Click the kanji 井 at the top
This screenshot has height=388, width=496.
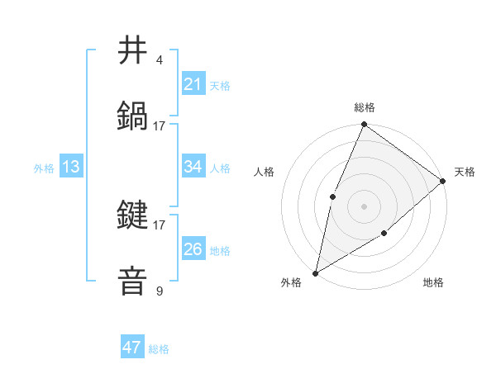point(133,50)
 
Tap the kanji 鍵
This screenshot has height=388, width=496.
point(133,215)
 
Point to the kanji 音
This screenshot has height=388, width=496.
point(133,281)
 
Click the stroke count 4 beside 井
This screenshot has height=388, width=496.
point(160,60)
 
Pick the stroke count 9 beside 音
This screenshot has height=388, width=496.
point(160,291)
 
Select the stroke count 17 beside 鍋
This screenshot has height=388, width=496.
point(160,125)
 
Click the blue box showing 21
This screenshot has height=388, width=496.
point(193,83)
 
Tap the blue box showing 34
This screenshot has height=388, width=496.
point(193,167)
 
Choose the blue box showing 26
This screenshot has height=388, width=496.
point(193,249)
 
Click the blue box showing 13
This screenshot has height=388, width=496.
point(71,167)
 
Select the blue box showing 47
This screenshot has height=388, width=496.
point(132,348)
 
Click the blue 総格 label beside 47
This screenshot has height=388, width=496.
point(159,349)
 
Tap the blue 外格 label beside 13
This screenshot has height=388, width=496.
point(44,168)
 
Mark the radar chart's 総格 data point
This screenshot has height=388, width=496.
point(364,125)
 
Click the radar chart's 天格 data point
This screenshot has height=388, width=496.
point(443,181)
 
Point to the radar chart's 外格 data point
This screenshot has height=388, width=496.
point(315,273)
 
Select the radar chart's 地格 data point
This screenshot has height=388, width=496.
point(384,234)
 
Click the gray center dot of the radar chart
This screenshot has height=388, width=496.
point(364,206)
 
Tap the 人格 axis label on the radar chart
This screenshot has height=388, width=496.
point(264,173)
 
